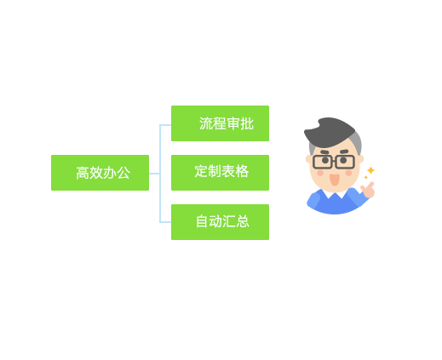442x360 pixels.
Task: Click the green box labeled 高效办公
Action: [x=100, y=173]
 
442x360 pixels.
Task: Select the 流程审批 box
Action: [x=220, y=123]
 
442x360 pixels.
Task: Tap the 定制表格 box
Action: [x=220, y=173]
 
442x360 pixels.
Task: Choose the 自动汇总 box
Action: [x=220, y=222]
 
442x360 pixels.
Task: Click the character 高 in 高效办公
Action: [x=83, y=173]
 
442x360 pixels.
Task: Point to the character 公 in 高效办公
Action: [x=123, y=173]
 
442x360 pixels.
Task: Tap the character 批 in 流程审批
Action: [x=247, y=123]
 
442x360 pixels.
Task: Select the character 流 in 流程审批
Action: [x=206, y=123]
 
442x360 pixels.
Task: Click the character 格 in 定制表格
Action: [x=242, y=171]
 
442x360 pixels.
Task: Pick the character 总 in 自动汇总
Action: [x=243, y=221]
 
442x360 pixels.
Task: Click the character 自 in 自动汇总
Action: [x=202, y=221]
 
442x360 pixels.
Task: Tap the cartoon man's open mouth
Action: [x=335, y=180]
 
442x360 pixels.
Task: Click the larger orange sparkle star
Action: [x=370, y=170]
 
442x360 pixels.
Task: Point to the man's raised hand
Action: [x=368, y=190]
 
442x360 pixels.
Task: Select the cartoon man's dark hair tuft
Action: [x=330, y=132]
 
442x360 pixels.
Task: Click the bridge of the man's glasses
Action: [x=334, y=161]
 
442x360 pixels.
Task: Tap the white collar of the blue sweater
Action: [x=336, y=193]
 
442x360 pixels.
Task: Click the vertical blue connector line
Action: [x=160, y=174]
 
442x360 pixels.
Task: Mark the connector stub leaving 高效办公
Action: [x=154, y=174]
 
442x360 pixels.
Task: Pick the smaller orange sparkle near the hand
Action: [x=366, y=178]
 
